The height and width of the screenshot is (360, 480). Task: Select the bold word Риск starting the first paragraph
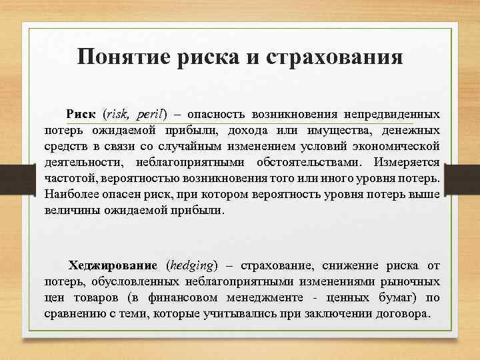[x=81, y=115]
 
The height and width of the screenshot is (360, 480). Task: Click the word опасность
[x=220, y=115]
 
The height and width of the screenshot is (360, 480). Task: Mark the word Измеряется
[x=406, y=162]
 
